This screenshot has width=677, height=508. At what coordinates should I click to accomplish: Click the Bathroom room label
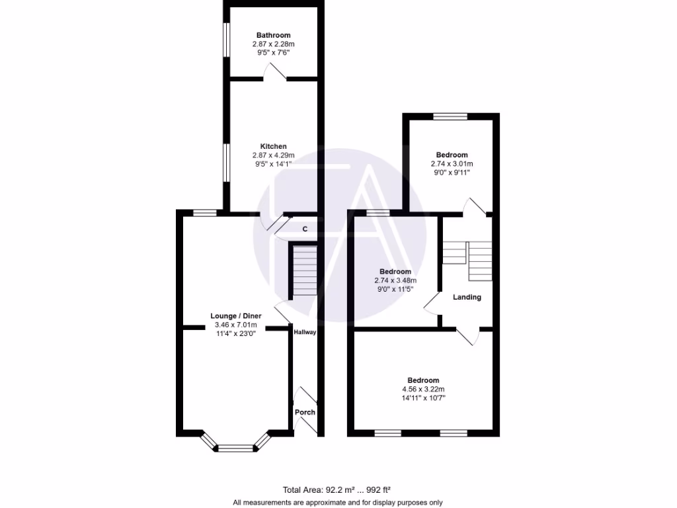click(x=274, y=35)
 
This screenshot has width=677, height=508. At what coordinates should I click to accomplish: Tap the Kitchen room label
click(x=274, y=146)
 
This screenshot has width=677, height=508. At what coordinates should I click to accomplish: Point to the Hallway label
click(x=305, y=332)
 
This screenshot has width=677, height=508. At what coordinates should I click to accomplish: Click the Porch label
click(x=305, y=412)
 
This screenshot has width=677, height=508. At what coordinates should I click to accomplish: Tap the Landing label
click(x=467, y=297)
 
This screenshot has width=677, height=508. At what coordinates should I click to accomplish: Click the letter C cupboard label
click(x=305, y=229)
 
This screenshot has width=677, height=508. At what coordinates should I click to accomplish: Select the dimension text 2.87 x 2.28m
click(x=274, y=44)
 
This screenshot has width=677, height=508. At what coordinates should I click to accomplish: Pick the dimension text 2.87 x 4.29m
click(x=274, y=155)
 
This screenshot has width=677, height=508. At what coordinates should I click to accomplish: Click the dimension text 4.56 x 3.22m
click(x=423, y=389)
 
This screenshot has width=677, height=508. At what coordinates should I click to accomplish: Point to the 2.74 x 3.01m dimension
click(x=452, y=163)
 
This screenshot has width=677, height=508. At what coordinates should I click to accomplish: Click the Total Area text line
click(x=337, y=490)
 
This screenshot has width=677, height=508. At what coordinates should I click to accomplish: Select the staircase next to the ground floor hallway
click(x=304, y=272)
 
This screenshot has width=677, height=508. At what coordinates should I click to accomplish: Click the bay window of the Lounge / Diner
click(x=236, y=448)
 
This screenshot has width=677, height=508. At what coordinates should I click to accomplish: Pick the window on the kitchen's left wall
click(x=225, y=162)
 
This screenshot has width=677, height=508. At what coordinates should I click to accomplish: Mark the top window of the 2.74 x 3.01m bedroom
click(x=450, y=116)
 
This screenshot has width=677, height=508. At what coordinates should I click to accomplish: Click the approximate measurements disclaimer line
click(x=337, y=502)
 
